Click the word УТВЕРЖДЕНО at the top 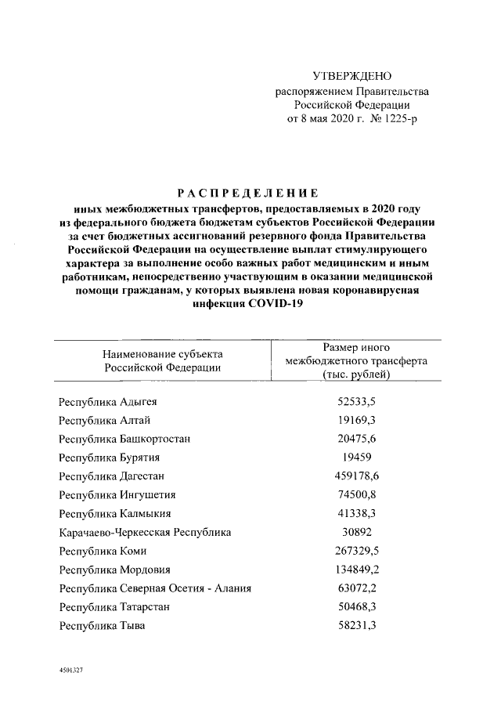351,76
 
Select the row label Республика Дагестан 111,476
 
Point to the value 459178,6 356,476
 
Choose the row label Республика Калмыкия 114,513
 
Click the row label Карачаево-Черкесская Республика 145,532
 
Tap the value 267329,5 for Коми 356,551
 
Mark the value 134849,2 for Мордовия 356,570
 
